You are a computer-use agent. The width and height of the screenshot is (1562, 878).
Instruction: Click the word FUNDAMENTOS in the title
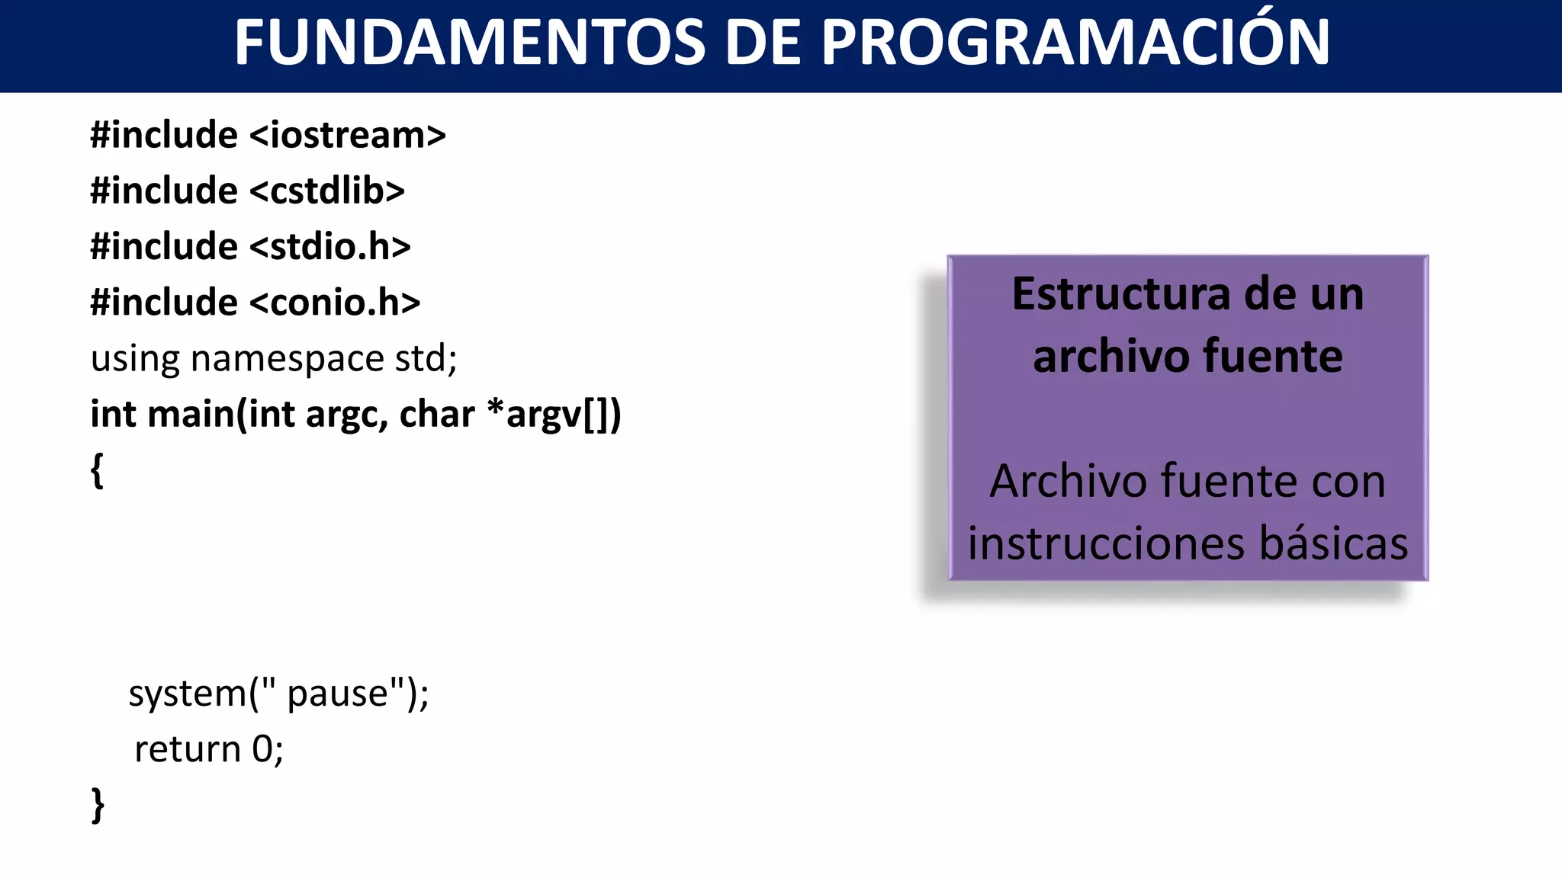coord(469,43)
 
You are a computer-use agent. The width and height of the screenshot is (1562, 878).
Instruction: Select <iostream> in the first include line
coord(347,136)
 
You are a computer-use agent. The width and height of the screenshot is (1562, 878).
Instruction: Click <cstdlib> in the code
coord(326,191)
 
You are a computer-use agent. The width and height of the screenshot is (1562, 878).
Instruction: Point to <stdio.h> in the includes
coord(329,247)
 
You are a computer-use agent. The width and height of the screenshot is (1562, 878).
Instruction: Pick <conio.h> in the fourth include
coord(334,303)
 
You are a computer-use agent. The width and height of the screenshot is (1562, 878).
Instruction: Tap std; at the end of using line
coord(426,358)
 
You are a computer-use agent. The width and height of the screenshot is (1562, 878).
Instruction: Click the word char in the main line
coord(436,415)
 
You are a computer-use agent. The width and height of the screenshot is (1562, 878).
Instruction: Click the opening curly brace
coord(97,470)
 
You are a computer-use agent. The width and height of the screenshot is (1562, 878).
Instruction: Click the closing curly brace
coord(98,805)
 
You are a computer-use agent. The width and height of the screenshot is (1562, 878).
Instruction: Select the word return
coord(188,750)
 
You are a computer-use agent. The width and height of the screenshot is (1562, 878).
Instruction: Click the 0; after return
coord(268,749)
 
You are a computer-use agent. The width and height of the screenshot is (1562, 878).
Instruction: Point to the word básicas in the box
coord(1333,544)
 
